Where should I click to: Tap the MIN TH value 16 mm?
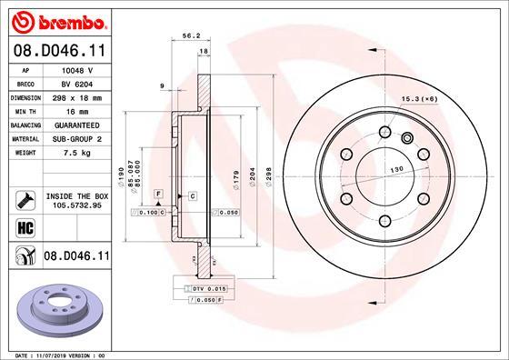75,110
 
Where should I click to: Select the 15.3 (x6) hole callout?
419,99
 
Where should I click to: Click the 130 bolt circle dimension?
397,170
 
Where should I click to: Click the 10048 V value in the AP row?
75,68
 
